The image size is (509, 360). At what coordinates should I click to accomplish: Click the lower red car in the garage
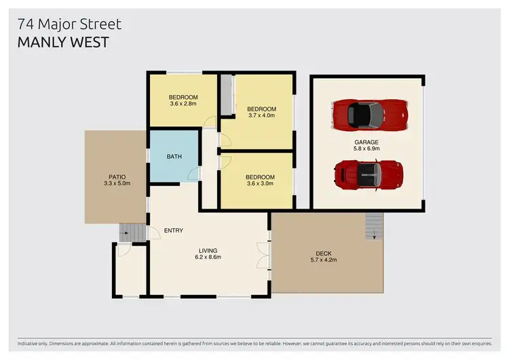369,173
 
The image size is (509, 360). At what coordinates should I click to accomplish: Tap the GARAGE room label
366,142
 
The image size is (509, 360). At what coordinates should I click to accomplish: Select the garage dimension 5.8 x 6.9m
366,149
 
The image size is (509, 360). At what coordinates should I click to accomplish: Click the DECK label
324,253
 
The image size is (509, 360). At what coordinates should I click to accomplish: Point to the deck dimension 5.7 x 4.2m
324,260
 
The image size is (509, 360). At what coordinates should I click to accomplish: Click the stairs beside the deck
373,226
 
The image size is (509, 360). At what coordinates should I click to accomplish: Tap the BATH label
174,157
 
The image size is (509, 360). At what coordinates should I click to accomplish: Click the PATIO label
115,177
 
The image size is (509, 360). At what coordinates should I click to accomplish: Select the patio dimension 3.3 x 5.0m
115,183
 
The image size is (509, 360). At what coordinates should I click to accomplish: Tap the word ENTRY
174,231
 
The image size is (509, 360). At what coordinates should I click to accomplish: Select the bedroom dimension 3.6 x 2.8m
183,105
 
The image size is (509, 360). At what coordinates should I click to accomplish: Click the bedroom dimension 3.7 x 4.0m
261,116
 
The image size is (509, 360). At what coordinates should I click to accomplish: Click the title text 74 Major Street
70,24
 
